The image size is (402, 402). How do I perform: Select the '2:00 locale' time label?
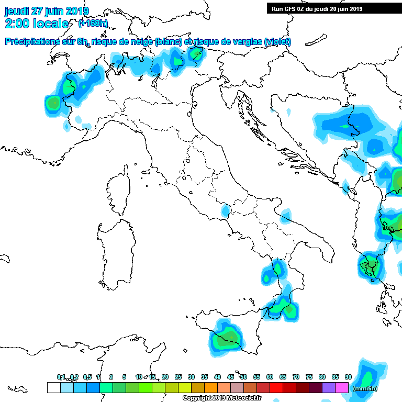pos(37,24)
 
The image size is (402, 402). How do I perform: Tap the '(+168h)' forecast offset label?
pos(93,24)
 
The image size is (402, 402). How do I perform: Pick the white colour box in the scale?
pos(53,387)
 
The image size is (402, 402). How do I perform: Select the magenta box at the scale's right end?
pos(342,387)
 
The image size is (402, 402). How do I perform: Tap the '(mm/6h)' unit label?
pos(365,388)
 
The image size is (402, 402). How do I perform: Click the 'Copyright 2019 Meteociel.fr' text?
pos(217,398)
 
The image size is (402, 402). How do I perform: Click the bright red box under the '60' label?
pos(276,387)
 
